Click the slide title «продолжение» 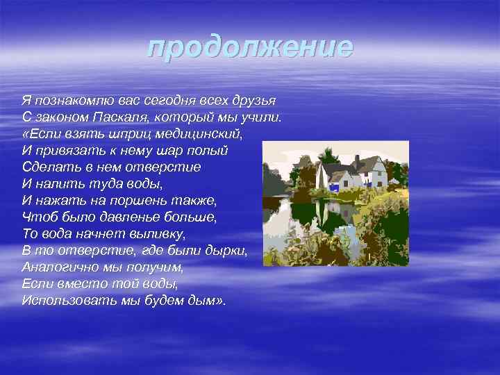[250, 47]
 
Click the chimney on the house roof [356, 160]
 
